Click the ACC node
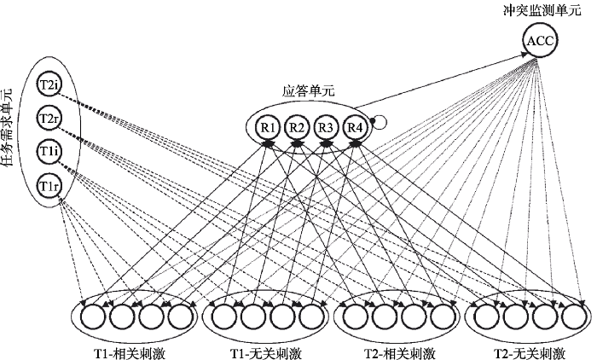coord(540,40)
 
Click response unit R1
coord(268,127)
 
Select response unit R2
coord(297,127)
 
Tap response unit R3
coord(326,127)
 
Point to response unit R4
coord(355,127)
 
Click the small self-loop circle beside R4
coord(380,122)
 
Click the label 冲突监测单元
coord(542,10)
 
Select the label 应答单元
coord(309,91)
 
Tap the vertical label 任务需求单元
coord(7,128)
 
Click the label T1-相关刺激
coord(130,354)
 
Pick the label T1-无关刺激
coord(265,354)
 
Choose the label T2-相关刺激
coord(399,354)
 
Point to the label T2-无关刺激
coord(530,354)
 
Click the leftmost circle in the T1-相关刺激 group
coord(92,316)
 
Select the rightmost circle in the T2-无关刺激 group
coord(574,316)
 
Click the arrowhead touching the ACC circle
coord(525,54)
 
